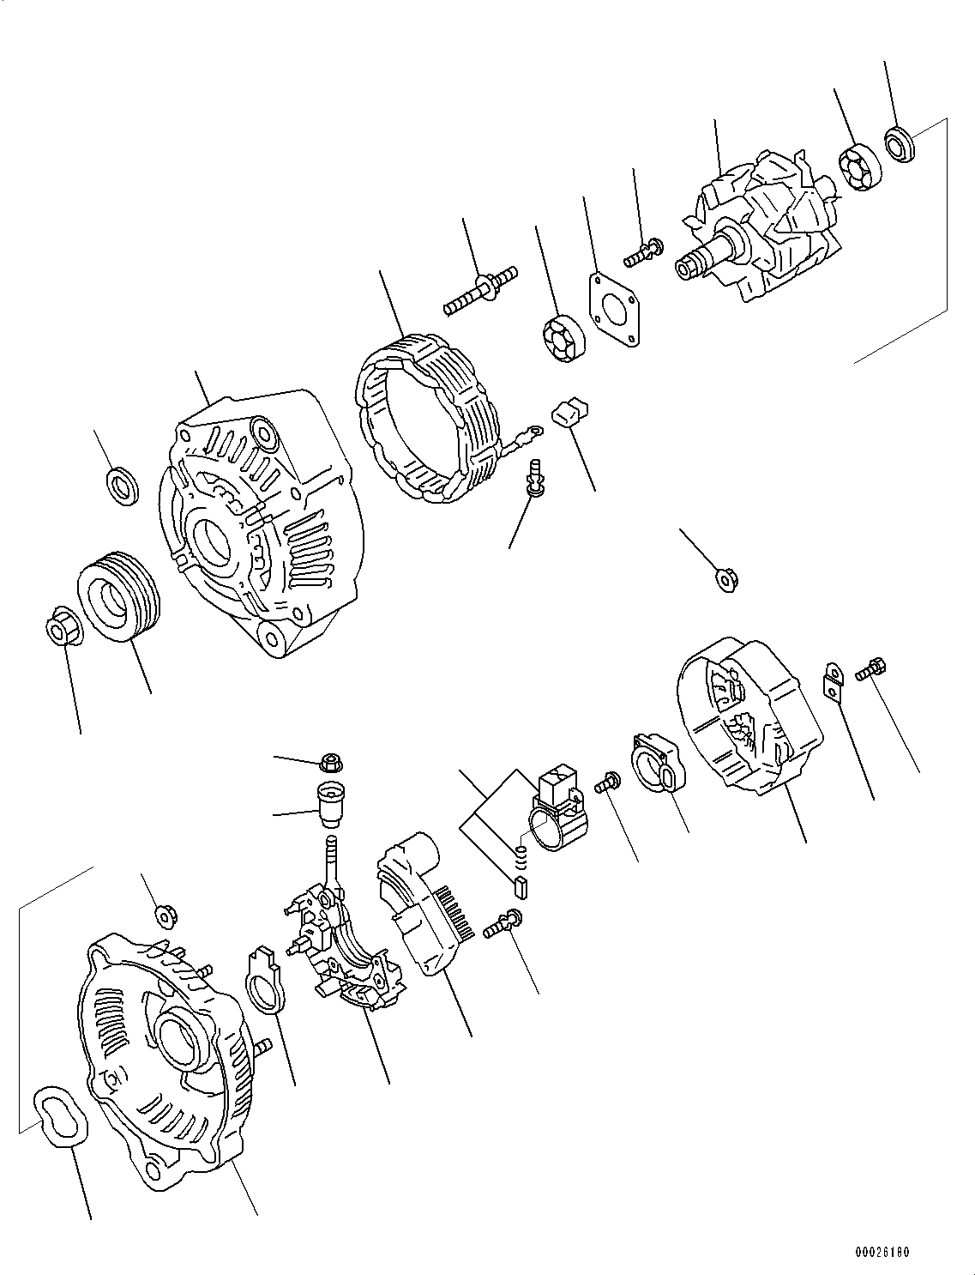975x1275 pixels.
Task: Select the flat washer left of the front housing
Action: tap(123, 486)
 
